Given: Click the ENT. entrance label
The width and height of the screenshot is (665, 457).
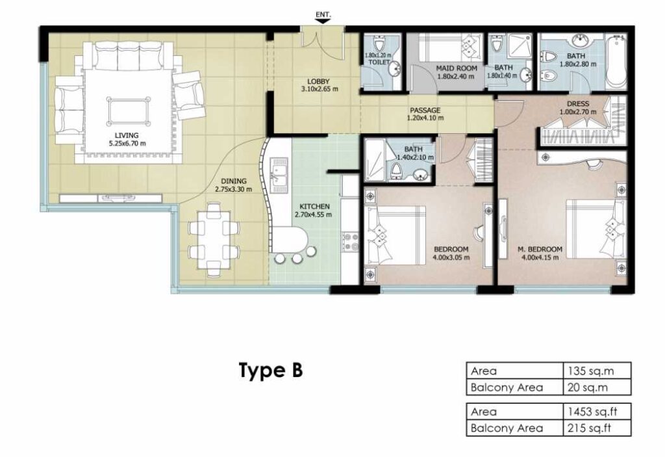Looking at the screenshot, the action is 323,14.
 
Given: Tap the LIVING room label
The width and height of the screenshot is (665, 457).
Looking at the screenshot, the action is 127,135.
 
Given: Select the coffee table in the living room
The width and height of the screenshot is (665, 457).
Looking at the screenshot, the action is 128,112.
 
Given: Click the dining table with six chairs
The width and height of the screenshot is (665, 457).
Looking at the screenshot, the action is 214,239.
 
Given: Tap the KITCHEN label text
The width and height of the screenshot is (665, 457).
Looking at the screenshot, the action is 314,207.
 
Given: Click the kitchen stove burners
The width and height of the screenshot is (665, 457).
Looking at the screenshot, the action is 351,242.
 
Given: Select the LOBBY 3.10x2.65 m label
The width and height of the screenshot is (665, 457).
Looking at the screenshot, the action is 319,85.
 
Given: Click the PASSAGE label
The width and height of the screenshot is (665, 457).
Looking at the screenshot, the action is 425,111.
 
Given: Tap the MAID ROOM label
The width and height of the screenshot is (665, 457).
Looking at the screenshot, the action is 457,68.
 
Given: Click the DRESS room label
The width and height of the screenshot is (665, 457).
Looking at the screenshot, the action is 577,104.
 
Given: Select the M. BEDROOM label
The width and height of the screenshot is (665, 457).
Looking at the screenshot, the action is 540,250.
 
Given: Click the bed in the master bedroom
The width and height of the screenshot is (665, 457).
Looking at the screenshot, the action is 597,229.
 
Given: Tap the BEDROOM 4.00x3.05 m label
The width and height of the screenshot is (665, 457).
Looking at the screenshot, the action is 451,253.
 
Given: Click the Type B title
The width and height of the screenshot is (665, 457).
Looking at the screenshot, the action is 271,370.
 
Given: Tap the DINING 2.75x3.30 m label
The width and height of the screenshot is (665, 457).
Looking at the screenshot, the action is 233,185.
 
